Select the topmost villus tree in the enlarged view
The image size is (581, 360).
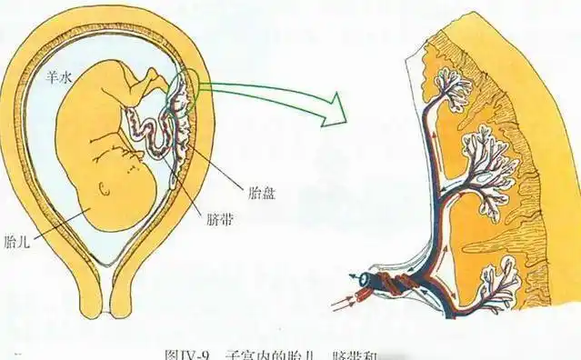click(x=449, y=87)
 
